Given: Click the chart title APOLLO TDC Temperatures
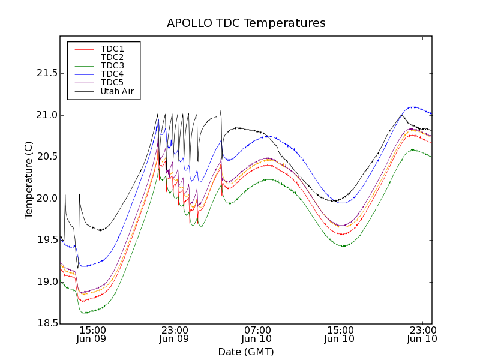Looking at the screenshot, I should [246, 23].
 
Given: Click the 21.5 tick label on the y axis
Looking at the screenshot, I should [47, 73].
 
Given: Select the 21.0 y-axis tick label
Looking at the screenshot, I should [47, 115].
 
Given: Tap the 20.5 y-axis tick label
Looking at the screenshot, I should [47, 157].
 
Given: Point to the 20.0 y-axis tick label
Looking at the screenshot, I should [47, 198].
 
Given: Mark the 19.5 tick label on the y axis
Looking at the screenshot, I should [47, 240].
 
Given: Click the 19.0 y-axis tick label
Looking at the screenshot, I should [47, 281].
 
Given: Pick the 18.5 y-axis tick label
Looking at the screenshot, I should [47, 323].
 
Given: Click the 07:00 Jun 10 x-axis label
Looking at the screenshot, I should [257, 334].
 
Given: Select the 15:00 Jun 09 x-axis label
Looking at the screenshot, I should [92, 334].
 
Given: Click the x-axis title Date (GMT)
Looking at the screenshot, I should [246, 352].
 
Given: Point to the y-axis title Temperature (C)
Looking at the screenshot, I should [29, 180].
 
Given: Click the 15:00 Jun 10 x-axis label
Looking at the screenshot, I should [340, 334].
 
